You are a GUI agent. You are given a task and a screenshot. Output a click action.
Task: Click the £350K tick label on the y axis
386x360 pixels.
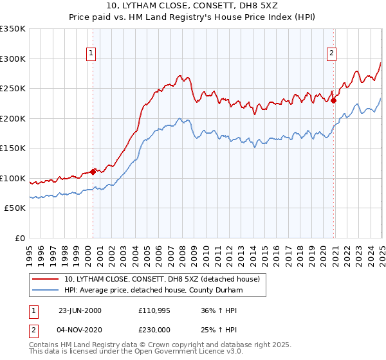(13, 29)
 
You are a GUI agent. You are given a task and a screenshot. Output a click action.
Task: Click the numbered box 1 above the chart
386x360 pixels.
(91, 53)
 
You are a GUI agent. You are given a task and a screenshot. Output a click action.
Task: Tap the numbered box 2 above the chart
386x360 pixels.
(332, 53)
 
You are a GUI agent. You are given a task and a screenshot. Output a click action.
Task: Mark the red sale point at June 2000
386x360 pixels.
(93, 172)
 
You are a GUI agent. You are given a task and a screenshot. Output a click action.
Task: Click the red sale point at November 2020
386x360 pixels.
(334, 100)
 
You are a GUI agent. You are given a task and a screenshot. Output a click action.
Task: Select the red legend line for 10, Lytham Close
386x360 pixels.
(46, 279)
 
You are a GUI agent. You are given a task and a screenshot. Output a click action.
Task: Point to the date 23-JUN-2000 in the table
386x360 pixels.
(80, 310)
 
